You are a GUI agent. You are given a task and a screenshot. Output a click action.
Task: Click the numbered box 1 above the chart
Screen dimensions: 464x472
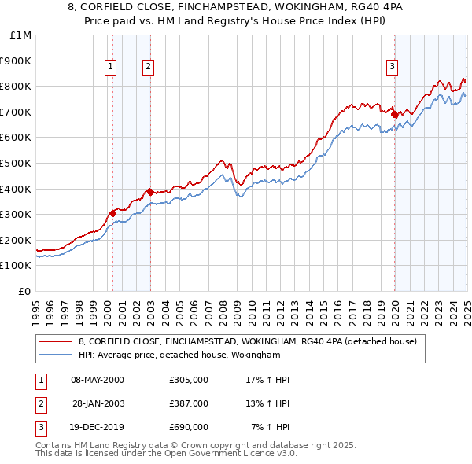(x=111, y=68)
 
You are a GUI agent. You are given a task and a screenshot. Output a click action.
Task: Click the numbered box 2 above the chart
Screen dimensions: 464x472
(x=148, y=68)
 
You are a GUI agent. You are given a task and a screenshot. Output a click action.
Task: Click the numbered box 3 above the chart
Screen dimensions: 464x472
(x=392, y=68)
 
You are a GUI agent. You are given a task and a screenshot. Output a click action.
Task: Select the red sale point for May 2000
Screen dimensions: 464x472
(x=112, y=212)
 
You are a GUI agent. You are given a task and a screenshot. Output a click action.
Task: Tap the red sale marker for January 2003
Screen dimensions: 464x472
(x=149, y=191)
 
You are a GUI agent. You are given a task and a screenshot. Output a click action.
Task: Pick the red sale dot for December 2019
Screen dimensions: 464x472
(x=394, y=114)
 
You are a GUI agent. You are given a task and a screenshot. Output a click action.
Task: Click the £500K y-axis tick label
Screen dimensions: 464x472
(x=17, y=164)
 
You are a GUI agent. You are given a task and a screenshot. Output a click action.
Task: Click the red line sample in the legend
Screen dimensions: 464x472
(x=56, y=341)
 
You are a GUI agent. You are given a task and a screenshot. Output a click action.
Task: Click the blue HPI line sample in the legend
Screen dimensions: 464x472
(x=56, y=355)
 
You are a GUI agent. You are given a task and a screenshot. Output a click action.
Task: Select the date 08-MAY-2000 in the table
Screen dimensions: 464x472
(x=98, y=380)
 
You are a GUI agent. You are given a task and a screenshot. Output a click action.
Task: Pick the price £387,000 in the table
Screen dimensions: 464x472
(x=189, y=403)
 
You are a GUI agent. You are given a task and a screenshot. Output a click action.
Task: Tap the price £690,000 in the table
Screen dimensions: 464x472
(x=189, y=427)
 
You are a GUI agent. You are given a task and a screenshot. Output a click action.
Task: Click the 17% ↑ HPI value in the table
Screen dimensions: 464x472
(x=267, y=380)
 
